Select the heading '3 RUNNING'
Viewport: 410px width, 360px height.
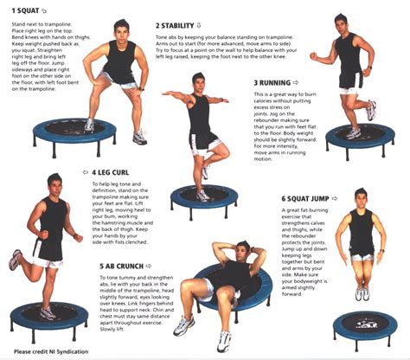(x=276, y=83)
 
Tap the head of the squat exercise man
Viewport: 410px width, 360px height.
(x=120, y=29)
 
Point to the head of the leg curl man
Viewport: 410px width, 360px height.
(x=54, y=184)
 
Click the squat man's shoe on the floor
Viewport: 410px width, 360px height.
(x=139, y=138)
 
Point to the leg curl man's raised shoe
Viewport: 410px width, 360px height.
(x=16, y=259)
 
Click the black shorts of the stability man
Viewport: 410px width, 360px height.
(x=204, y=140)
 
